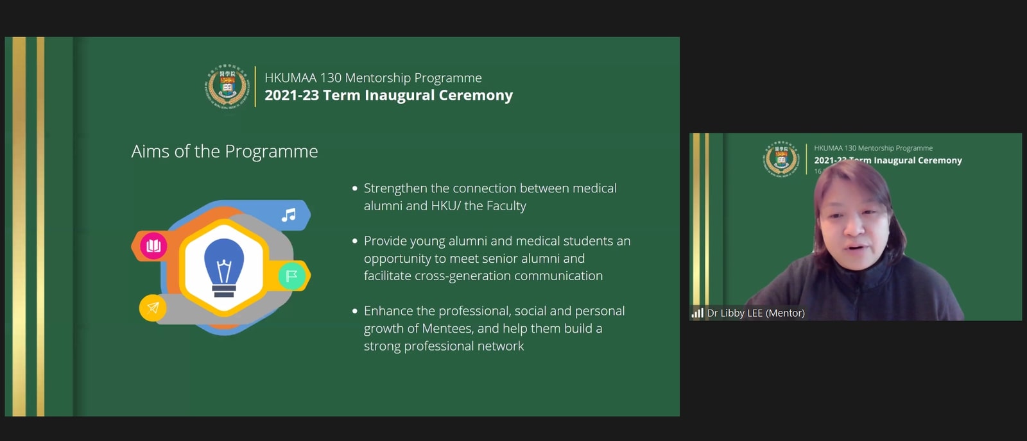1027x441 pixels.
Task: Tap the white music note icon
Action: tap(289, 215)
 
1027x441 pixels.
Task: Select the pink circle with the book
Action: tap(153, 246)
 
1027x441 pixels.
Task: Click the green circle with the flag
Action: tap(291, 276)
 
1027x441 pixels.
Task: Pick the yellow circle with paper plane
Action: tap(153, 308)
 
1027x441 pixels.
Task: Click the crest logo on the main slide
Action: tap(227, 87)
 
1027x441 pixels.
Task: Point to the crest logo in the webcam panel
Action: tap(782, 159)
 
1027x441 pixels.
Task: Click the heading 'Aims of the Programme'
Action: tap(224, 151)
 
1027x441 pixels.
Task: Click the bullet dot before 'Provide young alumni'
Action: tap(354, 241)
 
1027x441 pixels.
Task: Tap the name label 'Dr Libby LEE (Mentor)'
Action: tap(755, 313)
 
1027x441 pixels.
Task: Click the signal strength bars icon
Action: tap(697, 313)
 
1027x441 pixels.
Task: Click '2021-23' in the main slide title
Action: tap(291, 96)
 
